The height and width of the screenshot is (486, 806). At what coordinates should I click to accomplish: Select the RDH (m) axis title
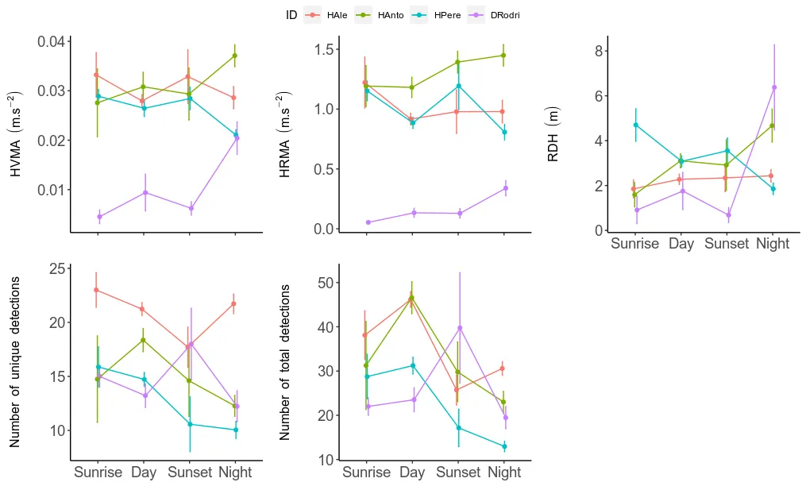click(553, 133)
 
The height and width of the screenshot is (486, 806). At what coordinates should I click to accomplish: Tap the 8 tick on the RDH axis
click(600, 51)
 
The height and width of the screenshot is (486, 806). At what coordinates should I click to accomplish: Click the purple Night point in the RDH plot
click(774, 87)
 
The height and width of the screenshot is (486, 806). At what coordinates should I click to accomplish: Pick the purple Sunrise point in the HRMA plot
click(368, 222)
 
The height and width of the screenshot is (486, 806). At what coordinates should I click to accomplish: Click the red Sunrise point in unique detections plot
click(96, 290)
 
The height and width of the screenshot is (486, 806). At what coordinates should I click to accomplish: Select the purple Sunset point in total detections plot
click(459, 328)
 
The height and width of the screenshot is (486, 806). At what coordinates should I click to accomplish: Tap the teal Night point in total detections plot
click(504, 446)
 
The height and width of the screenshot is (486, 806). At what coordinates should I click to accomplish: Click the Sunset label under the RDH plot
click(726, 244)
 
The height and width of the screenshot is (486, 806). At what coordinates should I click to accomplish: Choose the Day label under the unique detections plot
click(144, 472)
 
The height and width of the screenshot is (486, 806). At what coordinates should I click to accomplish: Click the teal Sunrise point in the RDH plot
click(635, 125)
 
